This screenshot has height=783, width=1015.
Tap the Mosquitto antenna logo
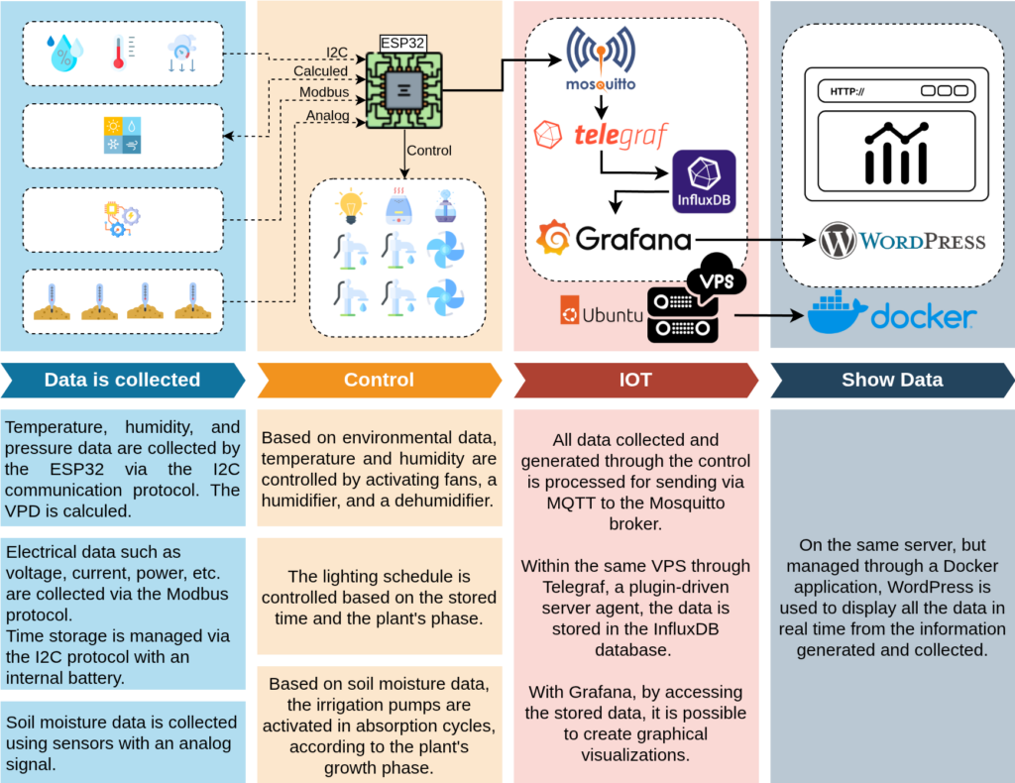coord(600,51)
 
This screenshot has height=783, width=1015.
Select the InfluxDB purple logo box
coord(704,181)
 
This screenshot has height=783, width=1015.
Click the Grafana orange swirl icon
coord(553,238)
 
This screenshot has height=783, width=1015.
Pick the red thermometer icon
coord(120,52)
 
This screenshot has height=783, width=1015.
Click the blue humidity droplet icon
coord(64,52)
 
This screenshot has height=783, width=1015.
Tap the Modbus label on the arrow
coord(324,92)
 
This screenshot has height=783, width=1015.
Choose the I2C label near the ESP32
coord(337,52)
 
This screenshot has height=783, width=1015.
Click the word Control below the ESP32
coord(429,151)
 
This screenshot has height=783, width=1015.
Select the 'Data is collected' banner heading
coord(122,380)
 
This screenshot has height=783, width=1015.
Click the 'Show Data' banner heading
coord(892,380)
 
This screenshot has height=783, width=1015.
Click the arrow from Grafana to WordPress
coord(753,239)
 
